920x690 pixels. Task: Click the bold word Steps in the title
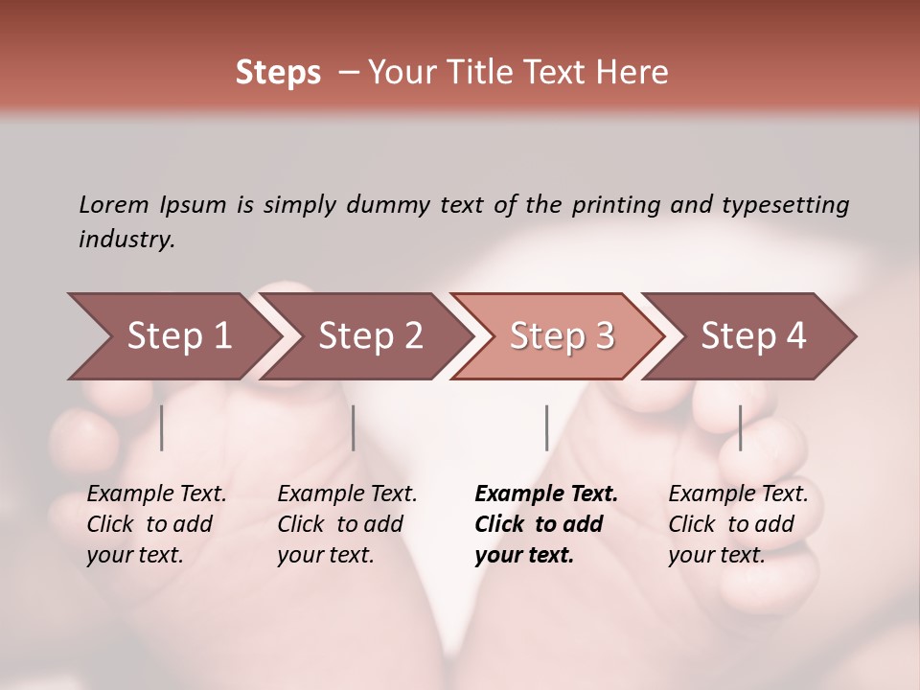(278, 73)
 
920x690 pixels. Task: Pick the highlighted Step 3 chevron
(562, 336)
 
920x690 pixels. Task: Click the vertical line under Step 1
(162, 427)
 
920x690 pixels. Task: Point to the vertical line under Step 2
(354, 427)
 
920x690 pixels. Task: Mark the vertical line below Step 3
(546, 427)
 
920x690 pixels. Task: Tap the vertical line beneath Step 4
(741, 427)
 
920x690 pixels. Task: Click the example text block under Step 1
(156, 524)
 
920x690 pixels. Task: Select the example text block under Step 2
(347, 524)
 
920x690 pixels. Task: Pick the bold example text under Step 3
(546, 524)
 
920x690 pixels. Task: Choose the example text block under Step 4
(738, 524)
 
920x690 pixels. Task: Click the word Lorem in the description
(114, 204)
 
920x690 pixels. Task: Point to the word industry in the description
(126, 240)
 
